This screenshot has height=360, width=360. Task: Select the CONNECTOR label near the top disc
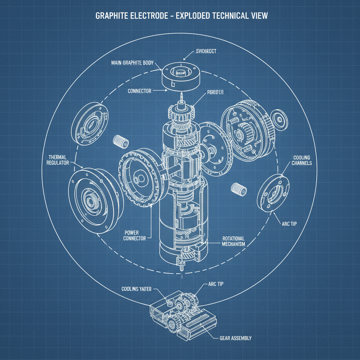point(140,91)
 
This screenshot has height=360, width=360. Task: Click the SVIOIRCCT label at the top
point(206,51)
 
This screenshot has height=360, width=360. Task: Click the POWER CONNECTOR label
point(135,236)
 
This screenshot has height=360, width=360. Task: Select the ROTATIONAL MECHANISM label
point(233,241)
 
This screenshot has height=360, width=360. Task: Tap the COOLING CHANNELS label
point(301,161)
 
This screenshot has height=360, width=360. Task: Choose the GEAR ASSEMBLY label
point(236,338)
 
